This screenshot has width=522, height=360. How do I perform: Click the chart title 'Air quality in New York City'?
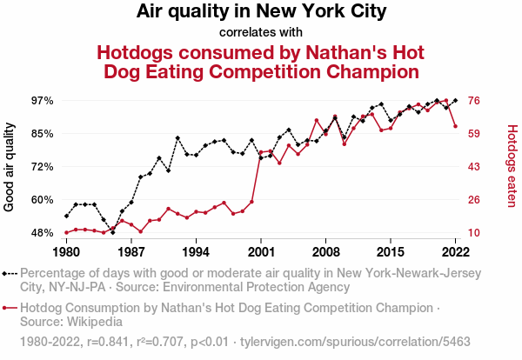tap(261, 12)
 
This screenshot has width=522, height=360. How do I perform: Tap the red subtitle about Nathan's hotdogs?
tap(261, 61)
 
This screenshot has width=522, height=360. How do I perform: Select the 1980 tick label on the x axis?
tap(66, 252)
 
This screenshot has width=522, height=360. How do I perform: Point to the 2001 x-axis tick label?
tap(261, 252)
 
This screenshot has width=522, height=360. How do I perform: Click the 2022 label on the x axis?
tap(456, 252)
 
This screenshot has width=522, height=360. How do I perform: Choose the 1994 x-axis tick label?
tap(196, 252)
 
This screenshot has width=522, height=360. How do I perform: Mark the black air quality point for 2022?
tap(456, 101)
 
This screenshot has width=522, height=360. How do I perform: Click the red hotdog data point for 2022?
tap(456, 126)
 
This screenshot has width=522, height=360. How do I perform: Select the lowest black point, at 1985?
tap(112, 233)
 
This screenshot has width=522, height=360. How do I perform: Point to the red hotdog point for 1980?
tap(66, 232)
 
